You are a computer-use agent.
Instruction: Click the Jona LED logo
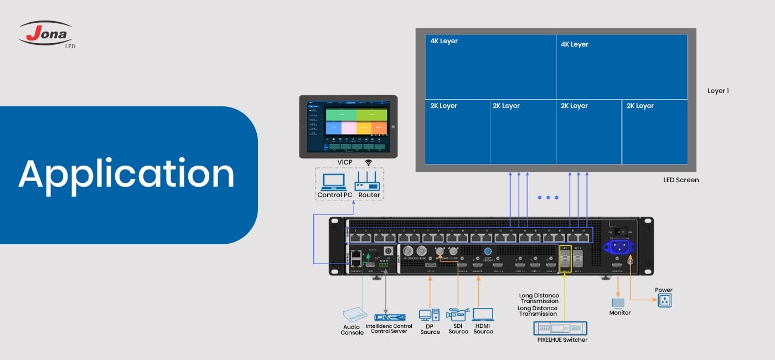tap(46, 34)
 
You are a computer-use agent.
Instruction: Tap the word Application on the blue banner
tap(127, 174)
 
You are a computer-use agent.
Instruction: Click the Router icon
tap(368, 182)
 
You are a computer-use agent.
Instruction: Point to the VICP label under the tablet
tap(345, 162)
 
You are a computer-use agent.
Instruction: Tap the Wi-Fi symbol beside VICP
tap(369, 163)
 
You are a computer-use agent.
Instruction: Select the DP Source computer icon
tap(429, 315)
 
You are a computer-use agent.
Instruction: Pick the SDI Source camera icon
tap(458, 315)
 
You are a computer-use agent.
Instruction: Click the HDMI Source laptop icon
tap(483, 315)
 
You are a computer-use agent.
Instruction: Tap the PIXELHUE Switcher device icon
tap(560, 328)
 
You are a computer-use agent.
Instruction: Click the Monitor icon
tap(618, 303)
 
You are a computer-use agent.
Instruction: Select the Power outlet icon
tap(664, 301)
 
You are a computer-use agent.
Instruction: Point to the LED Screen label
tap(681, 180)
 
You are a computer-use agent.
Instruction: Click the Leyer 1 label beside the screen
tap(718, 91)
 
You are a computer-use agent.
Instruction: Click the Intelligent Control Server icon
tap(390, 317)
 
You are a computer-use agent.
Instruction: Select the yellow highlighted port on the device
tap(565, 259)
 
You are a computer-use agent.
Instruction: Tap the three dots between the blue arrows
tap(548, 197)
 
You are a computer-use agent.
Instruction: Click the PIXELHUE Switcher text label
tap(562, 340)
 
